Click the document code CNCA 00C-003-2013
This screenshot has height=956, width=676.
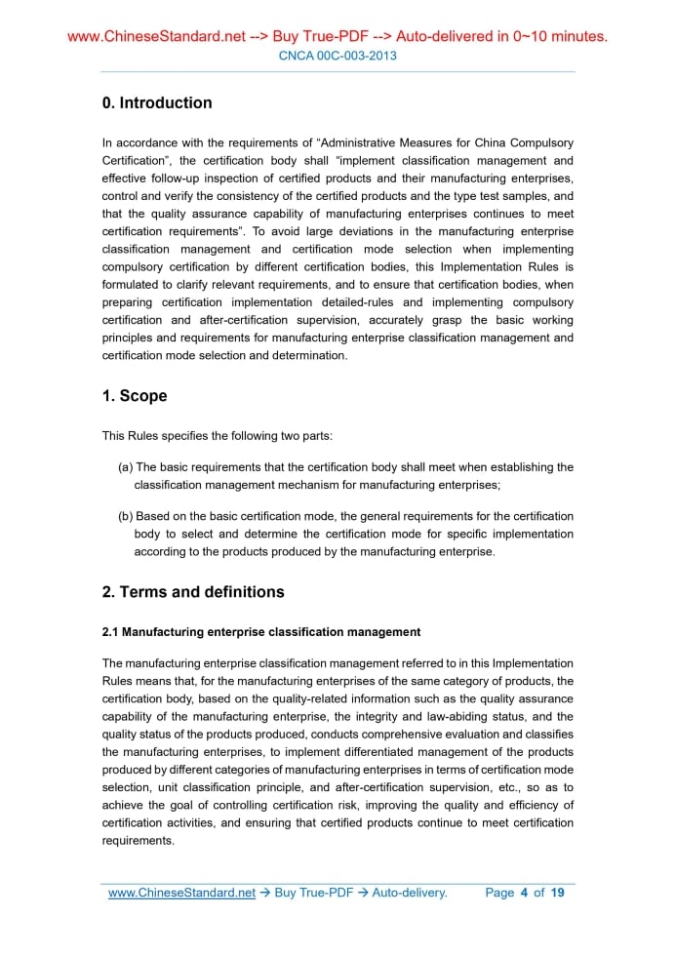pyautogui.click(x=338, y=56)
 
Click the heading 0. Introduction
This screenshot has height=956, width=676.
pyautogui.click(x=157, y=102)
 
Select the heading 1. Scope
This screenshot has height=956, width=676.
pyautogui.click(x=135, y=396)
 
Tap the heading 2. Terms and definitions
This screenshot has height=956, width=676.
pyautogui.click(x=193, y=592)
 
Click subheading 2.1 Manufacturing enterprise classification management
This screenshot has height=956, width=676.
pyautogui.click(x=261, y=632)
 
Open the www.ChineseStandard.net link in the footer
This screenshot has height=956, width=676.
pyautogui.click(x=181, y=893)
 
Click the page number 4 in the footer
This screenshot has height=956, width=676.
pyautogui.click(x=524, y=893)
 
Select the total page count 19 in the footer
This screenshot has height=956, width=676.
pyautogui.click(x=557, y=893)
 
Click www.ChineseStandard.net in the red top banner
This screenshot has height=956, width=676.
pyautogui.click(x=156, y=37)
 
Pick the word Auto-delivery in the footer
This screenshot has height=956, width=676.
pyautogui.click(x=409, y=893)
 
